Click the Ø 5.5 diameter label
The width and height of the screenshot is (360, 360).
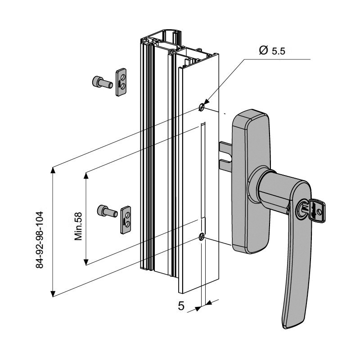point(272,51)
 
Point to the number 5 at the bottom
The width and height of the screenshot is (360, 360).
point(181,306)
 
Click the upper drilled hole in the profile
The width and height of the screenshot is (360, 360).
point(201,107)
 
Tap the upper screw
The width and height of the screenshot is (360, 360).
point(101,82)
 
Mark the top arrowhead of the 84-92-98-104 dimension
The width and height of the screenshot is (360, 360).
point(53,170)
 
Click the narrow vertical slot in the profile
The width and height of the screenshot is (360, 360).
point(202,171)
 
